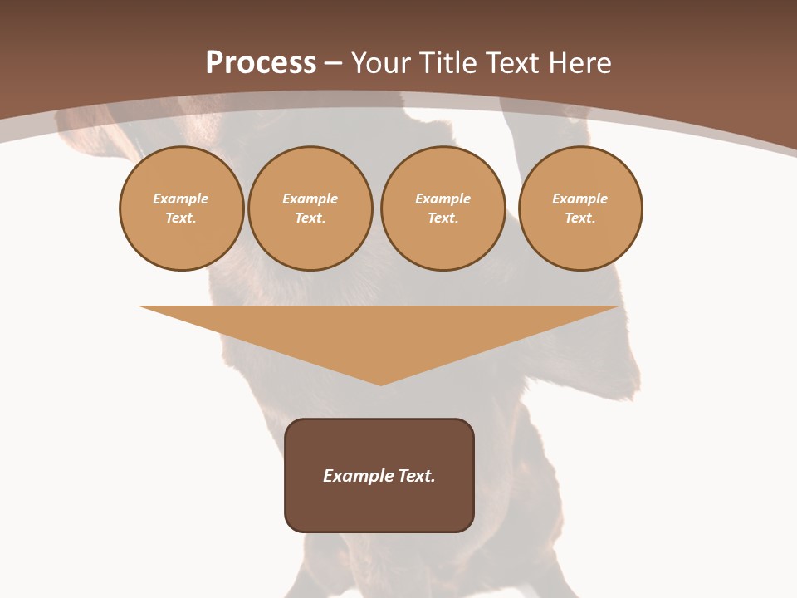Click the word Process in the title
click(261, 63)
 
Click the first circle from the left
click(181, 208)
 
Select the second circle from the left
click(310, 208)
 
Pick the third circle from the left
click(443, 208)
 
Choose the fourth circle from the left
click(580, 208)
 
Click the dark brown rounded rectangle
click(379, 507)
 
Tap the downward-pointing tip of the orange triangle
click(380, 383)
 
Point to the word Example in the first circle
click(181, 199)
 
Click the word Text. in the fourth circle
click(580, 218)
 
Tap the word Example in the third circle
click(443, 199)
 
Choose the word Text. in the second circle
click(310, 218)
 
